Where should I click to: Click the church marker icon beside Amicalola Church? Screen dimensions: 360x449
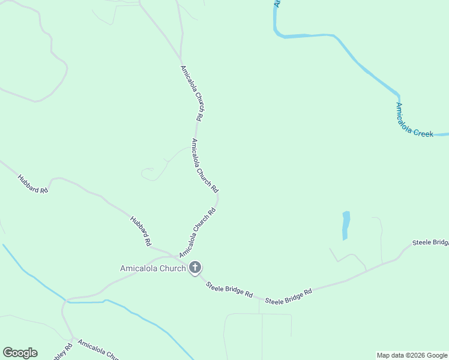coord(195,268)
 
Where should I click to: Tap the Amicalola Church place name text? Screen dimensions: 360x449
coord(152,268)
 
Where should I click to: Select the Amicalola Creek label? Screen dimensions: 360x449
coord(414,121)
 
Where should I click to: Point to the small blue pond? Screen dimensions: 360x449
coord(346,225)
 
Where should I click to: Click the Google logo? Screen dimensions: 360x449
coord(20,353)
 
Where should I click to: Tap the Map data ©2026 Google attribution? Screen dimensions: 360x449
coord(412,355)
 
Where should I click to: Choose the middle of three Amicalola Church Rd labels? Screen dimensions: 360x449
coord(205,162)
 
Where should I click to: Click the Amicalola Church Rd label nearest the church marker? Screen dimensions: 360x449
coord(197,233)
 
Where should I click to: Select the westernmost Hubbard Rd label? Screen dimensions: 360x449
coord(32,184)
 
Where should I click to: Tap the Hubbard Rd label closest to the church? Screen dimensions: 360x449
coord(140,231)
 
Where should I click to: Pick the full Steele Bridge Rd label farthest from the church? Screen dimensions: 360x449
coord(289,296)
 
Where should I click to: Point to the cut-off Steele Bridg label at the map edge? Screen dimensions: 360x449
coord(430,242)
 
